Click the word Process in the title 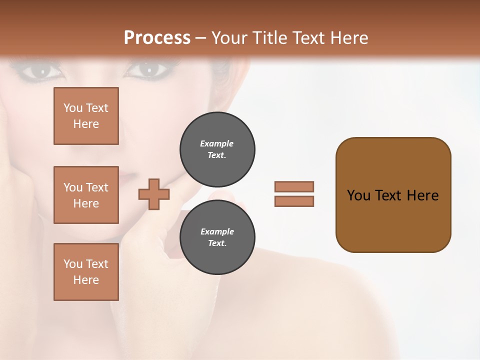coord(157,38)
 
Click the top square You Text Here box coord(86,116)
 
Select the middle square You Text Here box coord(86,195)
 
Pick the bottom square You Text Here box coord(86,272)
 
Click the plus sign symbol coord(154,194)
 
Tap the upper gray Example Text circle coord(217,149)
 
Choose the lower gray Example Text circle coord(217,237)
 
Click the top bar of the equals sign coord(294,186)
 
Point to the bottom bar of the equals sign coord(294,201)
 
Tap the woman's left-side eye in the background coord(42,71)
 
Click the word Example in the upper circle coord(217,143)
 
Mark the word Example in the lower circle coord(217,231)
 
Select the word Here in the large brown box coord(422,195)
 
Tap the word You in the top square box coord(72,108)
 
